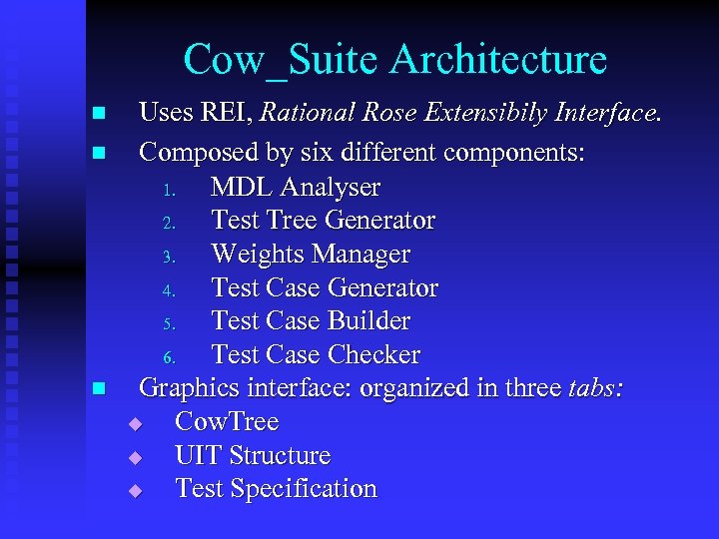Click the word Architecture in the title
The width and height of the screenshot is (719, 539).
498,60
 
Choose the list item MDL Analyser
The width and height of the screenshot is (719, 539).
296,187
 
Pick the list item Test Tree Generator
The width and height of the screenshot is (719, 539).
324,220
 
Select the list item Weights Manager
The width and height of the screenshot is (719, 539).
311,254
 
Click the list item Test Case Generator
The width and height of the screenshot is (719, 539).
325,287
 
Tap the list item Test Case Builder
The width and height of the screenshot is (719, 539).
311,320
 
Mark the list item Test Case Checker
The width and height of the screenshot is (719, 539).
316,354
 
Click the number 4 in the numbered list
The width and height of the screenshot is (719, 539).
169,289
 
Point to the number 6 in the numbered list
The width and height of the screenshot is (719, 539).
169,356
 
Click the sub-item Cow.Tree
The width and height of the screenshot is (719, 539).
227,421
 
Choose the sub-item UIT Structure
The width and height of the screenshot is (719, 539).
253,455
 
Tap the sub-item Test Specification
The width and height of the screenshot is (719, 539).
276,489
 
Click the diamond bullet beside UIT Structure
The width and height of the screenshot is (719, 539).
136,457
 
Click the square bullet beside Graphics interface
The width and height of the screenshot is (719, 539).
97,389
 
